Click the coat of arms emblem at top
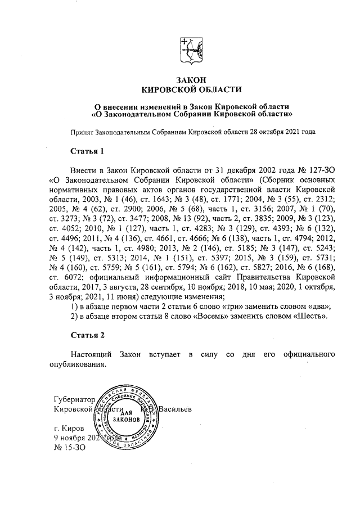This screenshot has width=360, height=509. [x=191, y=48]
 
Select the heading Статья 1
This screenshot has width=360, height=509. [x=87, y=151]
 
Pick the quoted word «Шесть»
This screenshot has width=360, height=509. [x=310, y=316]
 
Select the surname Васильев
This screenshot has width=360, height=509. [x=175, y=409]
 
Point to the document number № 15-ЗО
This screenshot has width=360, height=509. [x=68, y=448]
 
